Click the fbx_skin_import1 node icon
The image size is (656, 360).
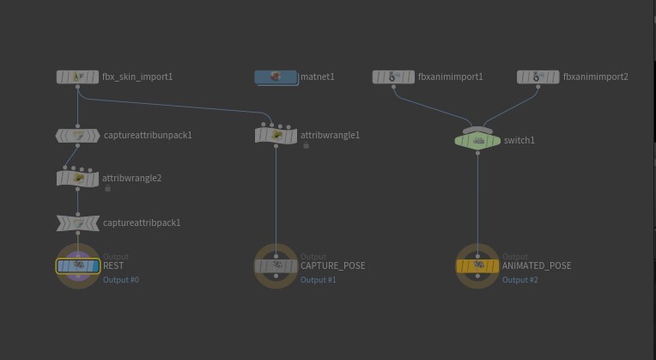point(78,76)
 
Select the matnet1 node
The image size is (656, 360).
point(276,77)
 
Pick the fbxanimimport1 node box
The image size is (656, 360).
point(393,77)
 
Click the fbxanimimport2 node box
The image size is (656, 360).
point(538,77)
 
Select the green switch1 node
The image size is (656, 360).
point(477,141)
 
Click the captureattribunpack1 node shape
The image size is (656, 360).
point(78,136)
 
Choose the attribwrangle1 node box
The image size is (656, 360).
point(276,136)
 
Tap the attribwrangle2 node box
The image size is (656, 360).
point(78,179)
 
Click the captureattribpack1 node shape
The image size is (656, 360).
point(78,223)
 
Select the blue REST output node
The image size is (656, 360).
point(78,265)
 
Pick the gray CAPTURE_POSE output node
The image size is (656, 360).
point(276,265)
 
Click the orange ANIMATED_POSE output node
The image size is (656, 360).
point(477,265)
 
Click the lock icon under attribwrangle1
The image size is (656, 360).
point(306,145)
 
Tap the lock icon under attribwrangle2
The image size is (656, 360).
point(107,188)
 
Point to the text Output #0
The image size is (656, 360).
point(121,279)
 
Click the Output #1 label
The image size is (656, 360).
point(318,279)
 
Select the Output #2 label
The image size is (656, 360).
point(520,279)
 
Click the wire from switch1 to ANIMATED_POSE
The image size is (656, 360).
point(477,204)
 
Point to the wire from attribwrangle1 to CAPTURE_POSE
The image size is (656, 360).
point(276,201)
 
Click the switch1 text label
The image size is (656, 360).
point(519,140)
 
